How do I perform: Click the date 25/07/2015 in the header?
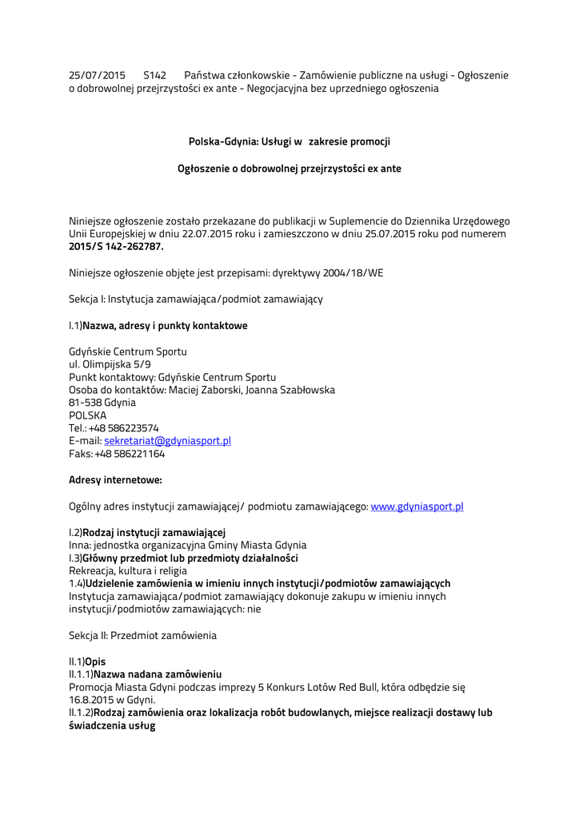point(97,75)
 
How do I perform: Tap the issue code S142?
point(154,75)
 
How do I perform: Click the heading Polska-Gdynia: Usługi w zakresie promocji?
point(289,141)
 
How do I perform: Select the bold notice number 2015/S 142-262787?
point(116,247)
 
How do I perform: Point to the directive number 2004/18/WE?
point(353,272)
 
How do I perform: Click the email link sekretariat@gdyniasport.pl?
point(167,441)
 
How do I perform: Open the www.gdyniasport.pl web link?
point(417,506)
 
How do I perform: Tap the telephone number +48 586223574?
point(123,428)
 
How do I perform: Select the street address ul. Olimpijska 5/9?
point(110,364)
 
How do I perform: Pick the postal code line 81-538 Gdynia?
point(102,403)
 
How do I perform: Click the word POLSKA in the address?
point(87,415)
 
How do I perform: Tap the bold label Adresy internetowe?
point(115,480)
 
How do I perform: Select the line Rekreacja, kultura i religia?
point(128,571)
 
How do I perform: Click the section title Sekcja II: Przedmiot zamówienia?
point(142,636)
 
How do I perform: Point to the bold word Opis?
point(95,661)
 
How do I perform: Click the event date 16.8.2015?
point(90,700)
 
